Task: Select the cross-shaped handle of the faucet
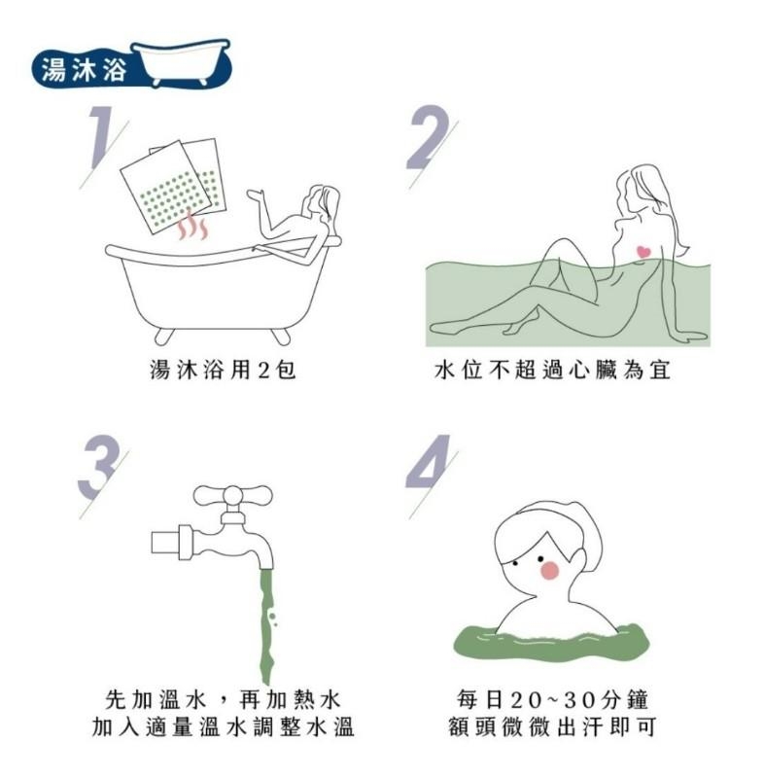(x=232, y=497)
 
